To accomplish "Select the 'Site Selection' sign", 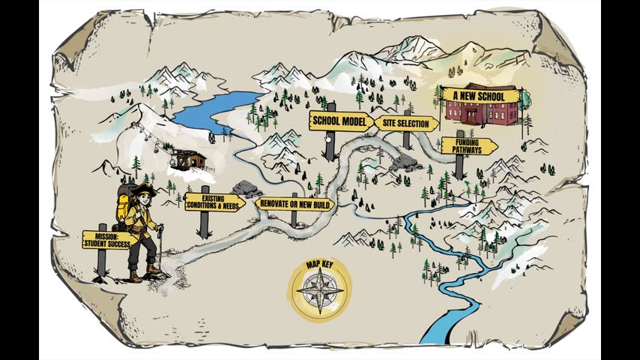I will [407, 124].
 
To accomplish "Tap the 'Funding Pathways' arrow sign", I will [467, 145].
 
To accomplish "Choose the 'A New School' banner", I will [479, 96].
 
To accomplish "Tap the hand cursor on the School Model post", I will [330, 137].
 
